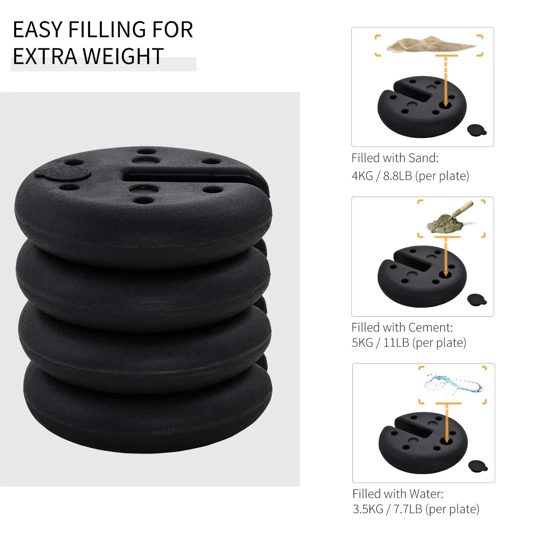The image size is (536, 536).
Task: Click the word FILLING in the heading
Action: click(x=107, y=29)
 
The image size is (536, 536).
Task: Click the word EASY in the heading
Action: click(x=37, y=29)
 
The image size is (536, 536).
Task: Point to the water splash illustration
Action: click(x=454, y=384)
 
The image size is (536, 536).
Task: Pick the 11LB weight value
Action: click(x=396, y=343)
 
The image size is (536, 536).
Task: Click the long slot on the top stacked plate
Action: click(x=188, y=177)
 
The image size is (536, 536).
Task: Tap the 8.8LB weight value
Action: click(x=397, y=176)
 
